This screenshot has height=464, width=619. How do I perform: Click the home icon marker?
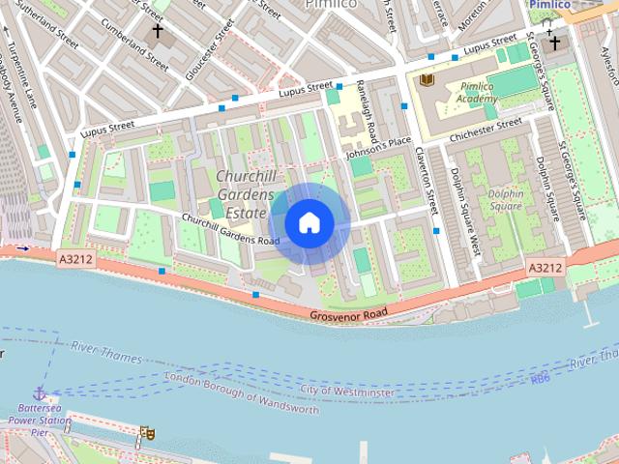coord(309,223)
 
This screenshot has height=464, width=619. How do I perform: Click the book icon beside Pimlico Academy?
coord(427,78)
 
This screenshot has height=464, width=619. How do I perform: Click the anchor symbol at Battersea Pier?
coord(40,393)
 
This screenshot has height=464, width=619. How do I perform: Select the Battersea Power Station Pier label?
coord(39,421)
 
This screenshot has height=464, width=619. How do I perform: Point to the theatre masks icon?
coord(146,433)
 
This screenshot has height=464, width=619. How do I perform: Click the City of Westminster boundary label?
coord(347,391)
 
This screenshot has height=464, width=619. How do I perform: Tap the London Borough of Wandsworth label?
coord(242,392)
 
